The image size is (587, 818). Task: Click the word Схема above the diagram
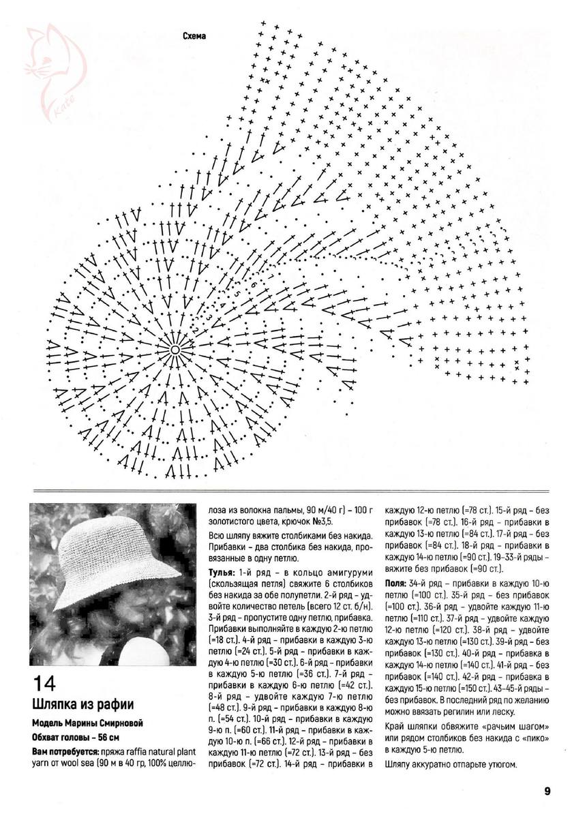(x=194, y=36)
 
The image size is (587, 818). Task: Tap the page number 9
(x=547, y=791)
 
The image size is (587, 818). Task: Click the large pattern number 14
(x=44, y=684)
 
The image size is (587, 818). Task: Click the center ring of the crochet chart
(x=175, y=349)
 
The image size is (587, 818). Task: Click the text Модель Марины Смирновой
(x=88, y=723)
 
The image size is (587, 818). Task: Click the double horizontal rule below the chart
(x=293, y=491)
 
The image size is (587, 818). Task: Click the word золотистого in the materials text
(x=230, y=521)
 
